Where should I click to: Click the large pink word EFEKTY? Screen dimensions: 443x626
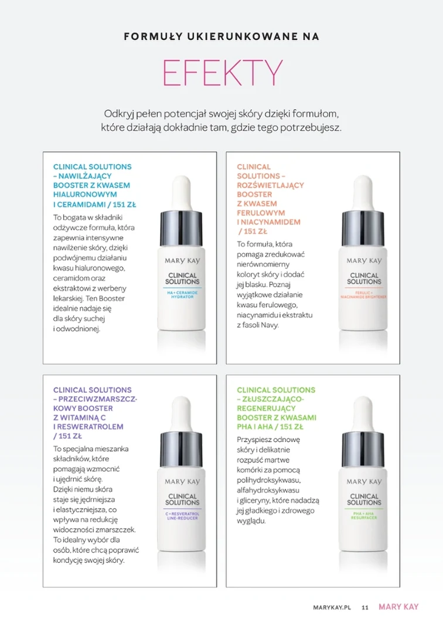click(222, 73)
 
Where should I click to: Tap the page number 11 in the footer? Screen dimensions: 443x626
click(365, 607)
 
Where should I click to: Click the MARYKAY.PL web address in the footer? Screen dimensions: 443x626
click(332, 607)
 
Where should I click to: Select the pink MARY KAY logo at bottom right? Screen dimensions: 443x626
click(398, 607)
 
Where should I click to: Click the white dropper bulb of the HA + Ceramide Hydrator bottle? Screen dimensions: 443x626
click(182, 192)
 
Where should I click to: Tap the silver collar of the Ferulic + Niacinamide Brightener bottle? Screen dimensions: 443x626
click(363, 229)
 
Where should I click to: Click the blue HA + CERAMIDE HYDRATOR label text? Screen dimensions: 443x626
click(182, 295)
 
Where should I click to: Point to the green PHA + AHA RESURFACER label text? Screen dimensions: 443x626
click(364, 515)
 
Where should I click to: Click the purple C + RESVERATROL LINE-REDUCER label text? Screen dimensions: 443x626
click(182, 516)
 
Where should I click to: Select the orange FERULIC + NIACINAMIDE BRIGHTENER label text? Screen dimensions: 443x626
click(363, 295)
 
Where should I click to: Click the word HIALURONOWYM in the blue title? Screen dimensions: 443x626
click(85, 195)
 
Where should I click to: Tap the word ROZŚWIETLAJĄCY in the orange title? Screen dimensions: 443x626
click(270, 185)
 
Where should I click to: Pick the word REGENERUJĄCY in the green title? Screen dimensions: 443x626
click(266, 409)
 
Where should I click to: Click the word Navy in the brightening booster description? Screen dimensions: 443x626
click(270, 325)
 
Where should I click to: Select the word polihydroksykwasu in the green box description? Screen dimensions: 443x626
click(268, 480)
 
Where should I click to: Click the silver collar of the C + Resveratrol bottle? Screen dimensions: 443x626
click(182, 450)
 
